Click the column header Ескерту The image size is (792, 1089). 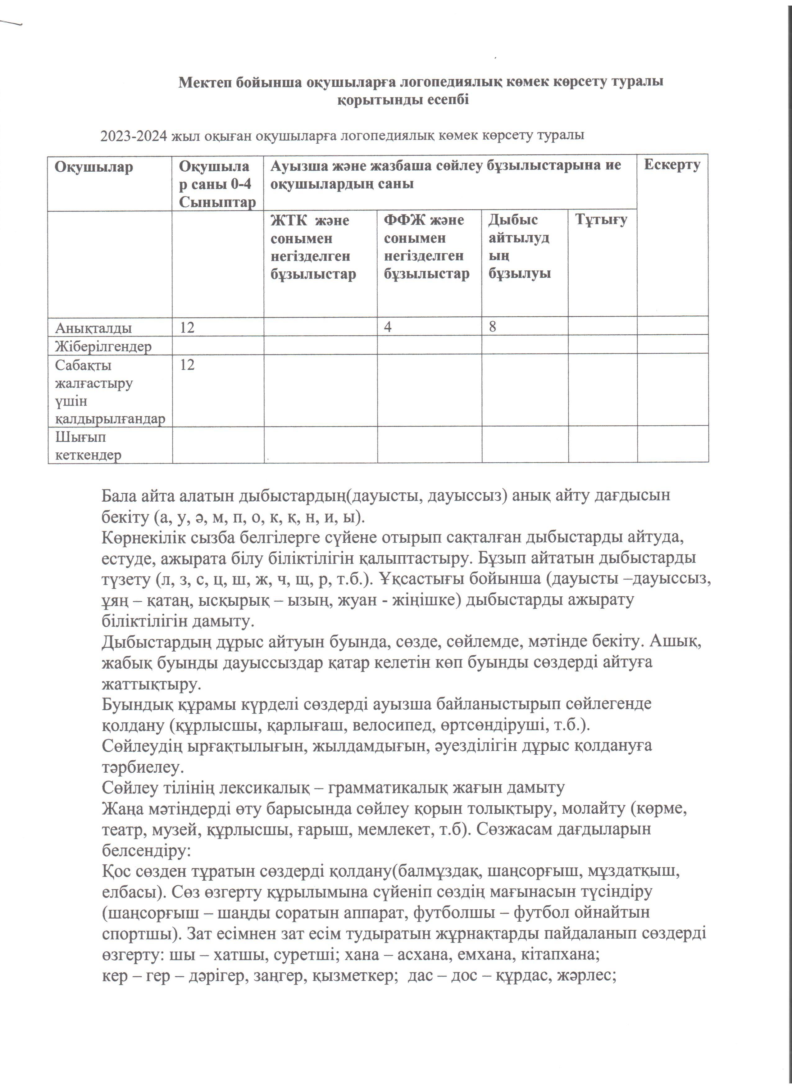point(671,165)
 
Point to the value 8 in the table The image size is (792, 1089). point(492,327)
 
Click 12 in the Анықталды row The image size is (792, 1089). point(187,328)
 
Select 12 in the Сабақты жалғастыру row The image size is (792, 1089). point(187,365)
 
